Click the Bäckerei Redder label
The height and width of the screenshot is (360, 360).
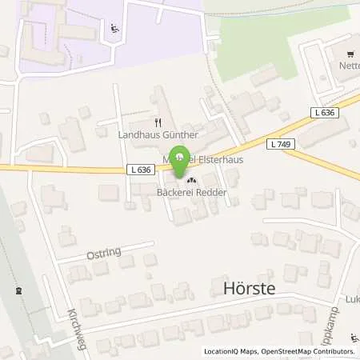[x=190, y=193]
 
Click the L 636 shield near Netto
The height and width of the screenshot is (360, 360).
[x=325, y=114]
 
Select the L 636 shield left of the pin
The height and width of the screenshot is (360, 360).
[x=138, y=170]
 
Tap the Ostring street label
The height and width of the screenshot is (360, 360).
[x=102, y=253]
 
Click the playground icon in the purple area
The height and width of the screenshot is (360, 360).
[x=114, y=30]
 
